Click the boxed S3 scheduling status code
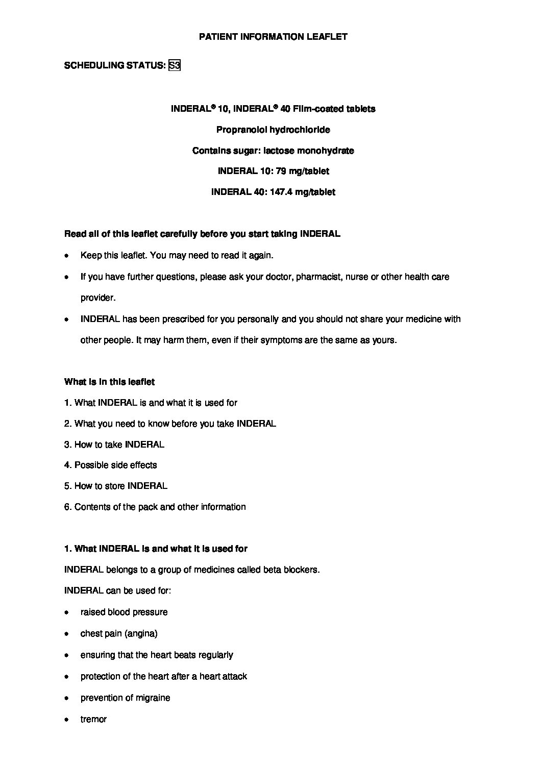[174, 65]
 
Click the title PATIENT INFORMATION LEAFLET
[273, 37]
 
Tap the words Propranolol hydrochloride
[273, 130]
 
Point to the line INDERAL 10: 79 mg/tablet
[273, 171]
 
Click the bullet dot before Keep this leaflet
[66, 256]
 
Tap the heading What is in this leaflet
[109, 382]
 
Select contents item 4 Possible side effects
[111, 465]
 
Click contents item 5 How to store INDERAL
[116, 486]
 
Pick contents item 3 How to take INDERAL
[114, 445]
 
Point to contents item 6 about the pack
[155, 507]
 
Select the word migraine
[153, 698]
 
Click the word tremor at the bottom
[93, 719]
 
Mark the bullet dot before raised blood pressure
[66, 612]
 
